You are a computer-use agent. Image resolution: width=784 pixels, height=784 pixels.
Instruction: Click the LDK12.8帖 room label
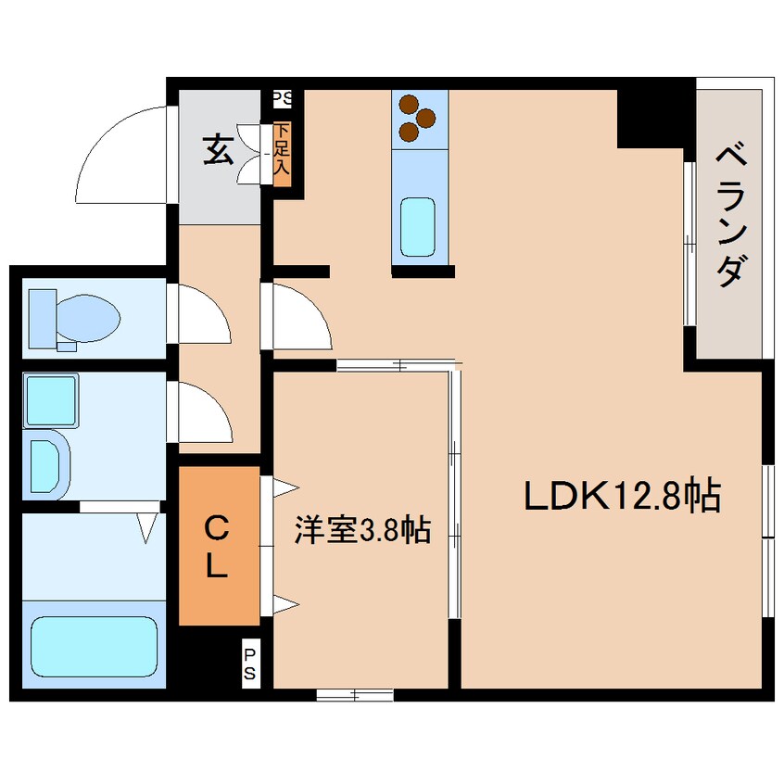click(x=622, y=498)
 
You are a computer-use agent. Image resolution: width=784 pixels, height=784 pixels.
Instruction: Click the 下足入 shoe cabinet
click(x=283, y=151)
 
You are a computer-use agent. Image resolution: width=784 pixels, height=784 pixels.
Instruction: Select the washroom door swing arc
click(x=202, y=411)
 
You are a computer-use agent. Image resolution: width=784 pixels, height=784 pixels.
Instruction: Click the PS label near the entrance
click(x=282, y=96)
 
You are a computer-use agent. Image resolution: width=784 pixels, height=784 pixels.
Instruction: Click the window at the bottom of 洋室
click(x=354, y=694)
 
